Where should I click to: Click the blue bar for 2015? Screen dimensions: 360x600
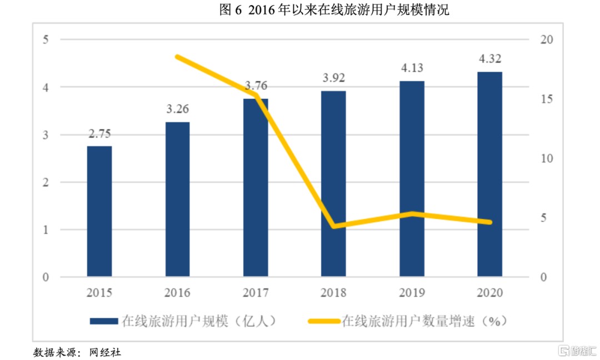99,211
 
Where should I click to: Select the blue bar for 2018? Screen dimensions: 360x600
333,183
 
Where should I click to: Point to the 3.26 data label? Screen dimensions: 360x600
178,109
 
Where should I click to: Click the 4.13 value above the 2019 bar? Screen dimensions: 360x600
412,68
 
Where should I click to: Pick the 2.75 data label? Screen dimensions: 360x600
99,134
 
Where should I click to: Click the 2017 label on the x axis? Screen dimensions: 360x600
256,293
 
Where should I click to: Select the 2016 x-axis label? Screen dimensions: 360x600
178,293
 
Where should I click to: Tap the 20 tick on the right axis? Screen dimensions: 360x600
547,39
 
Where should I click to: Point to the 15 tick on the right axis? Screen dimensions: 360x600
547,99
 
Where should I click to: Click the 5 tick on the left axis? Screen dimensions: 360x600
46,39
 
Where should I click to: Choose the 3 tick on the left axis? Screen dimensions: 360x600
46,135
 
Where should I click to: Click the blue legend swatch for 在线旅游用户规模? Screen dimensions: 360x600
103,321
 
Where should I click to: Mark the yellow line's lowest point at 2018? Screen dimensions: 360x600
333,226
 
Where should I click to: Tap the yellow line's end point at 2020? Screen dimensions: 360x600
489,222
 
